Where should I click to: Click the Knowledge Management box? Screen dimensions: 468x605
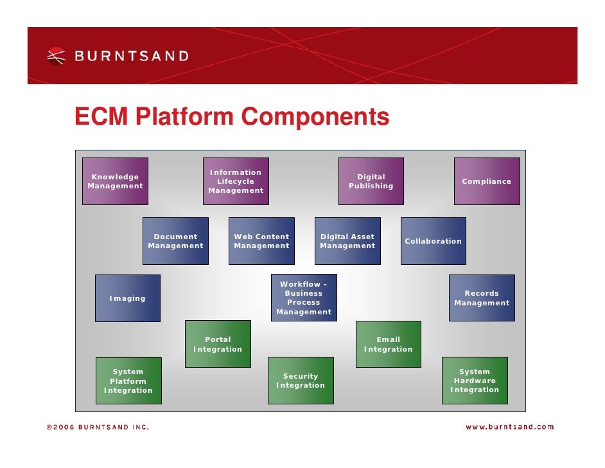click(x=115, y=181)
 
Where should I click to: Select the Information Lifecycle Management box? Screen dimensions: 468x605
click(x=236, y=181)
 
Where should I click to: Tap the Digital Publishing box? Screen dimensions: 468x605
click(x=371, y=181)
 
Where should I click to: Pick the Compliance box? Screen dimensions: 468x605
click(x=487, y=181)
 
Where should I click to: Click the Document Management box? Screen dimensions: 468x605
click(x=175, y=241)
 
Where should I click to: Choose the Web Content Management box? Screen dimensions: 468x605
click(x=261, y=241)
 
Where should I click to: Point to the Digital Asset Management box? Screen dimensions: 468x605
click(x=347, y=241)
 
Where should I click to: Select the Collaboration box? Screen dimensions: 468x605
click(x=434, y=241)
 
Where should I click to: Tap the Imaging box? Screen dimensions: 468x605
click(x=128, y=298)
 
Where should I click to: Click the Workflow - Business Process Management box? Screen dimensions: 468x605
click(x=304, y=298)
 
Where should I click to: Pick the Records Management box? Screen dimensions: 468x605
click(x=482, y=298)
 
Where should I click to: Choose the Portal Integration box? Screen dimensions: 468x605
click(x=218, y=344)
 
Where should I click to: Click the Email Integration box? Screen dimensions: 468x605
click(x=389, y=344)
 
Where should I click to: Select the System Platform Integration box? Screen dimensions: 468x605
click(x=128, y=381)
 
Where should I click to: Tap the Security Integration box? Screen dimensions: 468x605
click(x=301, y=381)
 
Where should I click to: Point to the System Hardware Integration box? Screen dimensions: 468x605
click(x=475, y=381)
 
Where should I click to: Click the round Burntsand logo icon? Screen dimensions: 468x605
click(x=57, y=56)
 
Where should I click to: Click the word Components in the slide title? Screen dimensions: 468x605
click(x=315, y=117)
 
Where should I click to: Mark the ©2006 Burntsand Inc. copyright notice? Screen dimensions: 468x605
click(x=97, y=427)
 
